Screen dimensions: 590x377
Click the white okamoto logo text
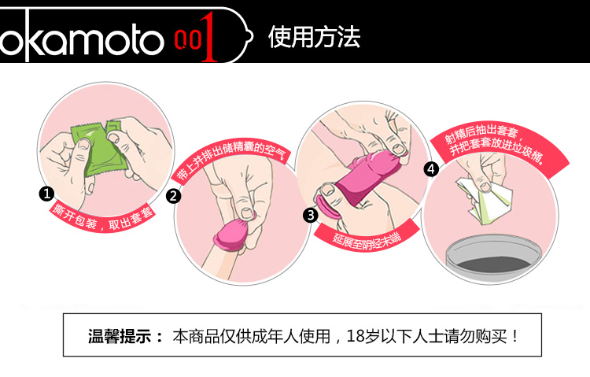tap(81, 37)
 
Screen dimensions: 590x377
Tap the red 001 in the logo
tap(196, 38)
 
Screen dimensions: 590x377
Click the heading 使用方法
tap(314, 37)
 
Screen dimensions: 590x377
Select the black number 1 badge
tap(46, 194)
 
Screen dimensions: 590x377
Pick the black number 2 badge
tap(174, 196)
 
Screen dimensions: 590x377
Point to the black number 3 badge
tap(311, 216)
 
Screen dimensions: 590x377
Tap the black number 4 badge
tap(431, 169)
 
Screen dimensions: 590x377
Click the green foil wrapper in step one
tap(98, 150)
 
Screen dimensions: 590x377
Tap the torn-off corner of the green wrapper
tap(112, 128)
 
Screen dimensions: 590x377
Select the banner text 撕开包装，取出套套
tap(103, 219)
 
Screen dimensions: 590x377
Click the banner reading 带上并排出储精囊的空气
tap(231, 158)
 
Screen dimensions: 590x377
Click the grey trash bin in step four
tap(494, 257)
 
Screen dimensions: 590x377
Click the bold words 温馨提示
tap(120, 336)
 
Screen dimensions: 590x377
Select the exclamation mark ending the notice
tap(515, 336)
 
